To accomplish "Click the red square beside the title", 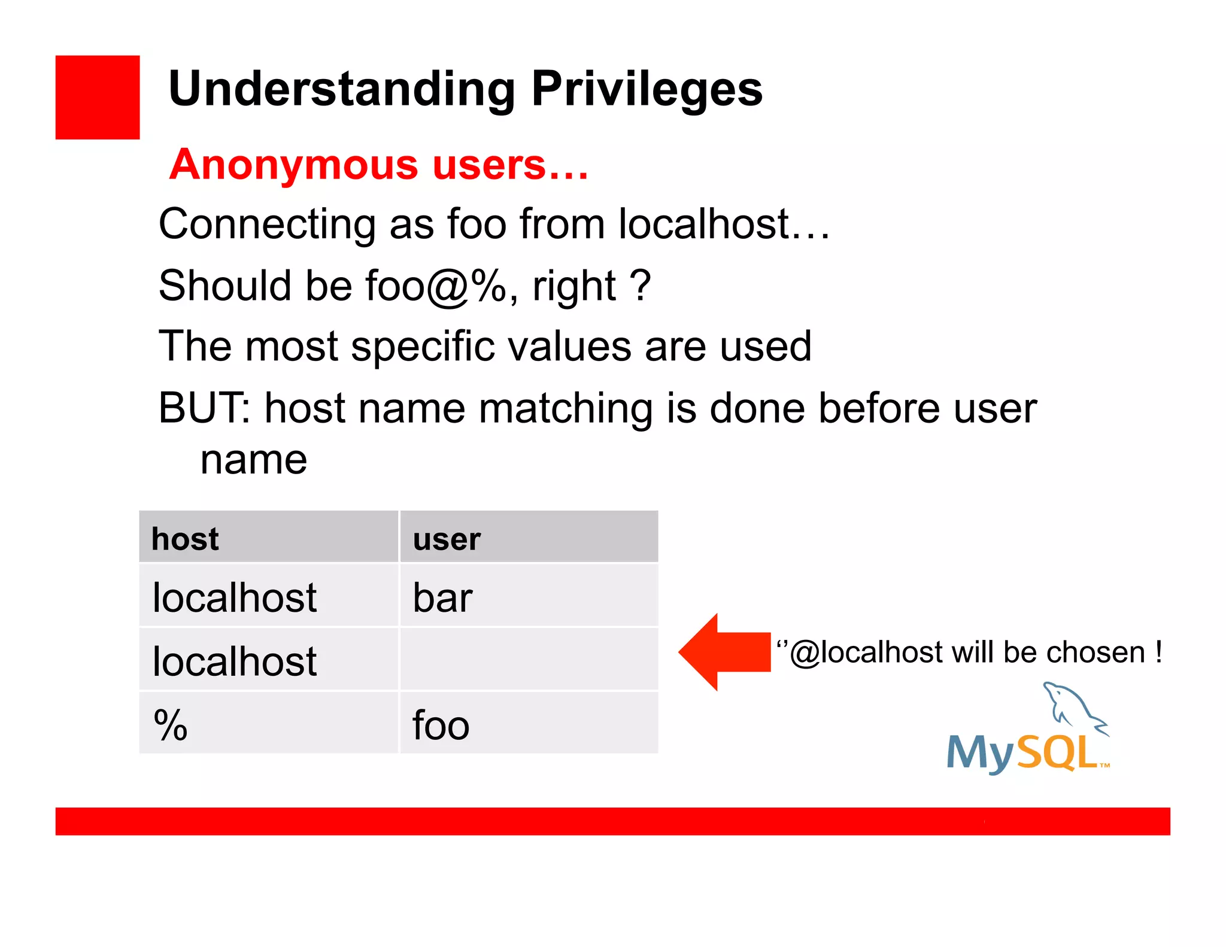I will pyautogui.click(x=98, y=98).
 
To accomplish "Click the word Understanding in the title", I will pyautogui.click(x=342, y=90).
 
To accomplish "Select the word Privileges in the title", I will pyautogui.click(x=647, y=90).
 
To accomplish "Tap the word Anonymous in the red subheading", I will pyautogui.click(x=293, y=165).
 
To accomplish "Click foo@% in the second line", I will pyautogui.click(x=436, y=286).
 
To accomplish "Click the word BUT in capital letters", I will pyautogui.click(x=201, y=408).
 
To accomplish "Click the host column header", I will pyautogui.click(x=185, y=539).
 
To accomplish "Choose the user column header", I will pyautogui.click(x=447, y=539).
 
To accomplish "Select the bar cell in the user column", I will pyautogui.click(x=443, y=597).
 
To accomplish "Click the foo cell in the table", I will pyautogui.click(x=441, y=725).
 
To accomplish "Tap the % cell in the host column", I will pyautogui.click(x=171, y=725).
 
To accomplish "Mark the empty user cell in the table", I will pyautogui.click(x=529, y=660).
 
